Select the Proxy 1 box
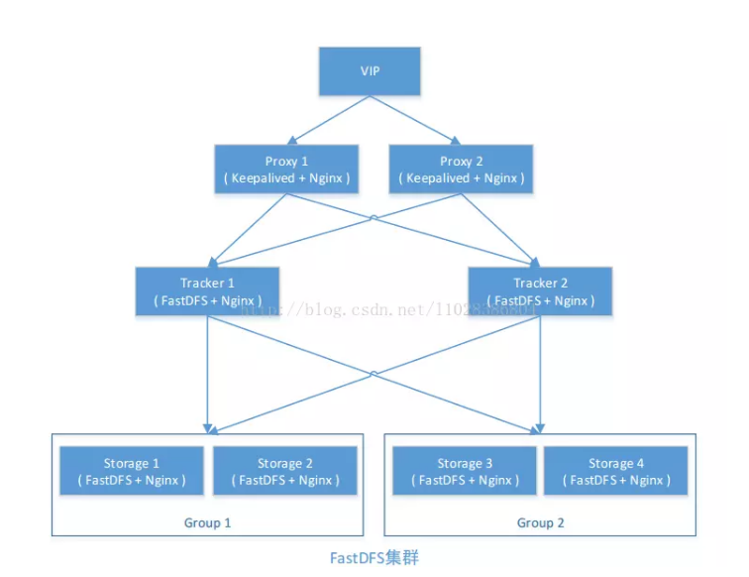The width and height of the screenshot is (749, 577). (286, 169)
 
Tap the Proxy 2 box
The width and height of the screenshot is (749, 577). (461, 169)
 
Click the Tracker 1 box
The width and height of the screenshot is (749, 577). (207, 290)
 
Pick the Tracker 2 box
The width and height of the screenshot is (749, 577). (540, 290)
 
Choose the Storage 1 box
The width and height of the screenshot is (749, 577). (132, 471)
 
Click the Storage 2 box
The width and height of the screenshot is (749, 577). (285, 471)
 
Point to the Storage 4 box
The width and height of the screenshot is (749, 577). (616, 471)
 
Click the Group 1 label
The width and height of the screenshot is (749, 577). (208, 522)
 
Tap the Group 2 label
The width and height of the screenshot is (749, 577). (541, 522)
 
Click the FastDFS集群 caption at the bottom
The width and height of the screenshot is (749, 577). (374, 558)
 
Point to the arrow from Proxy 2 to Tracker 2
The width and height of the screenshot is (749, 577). (500, 229)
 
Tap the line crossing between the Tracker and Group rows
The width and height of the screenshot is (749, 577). (374, 374)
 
